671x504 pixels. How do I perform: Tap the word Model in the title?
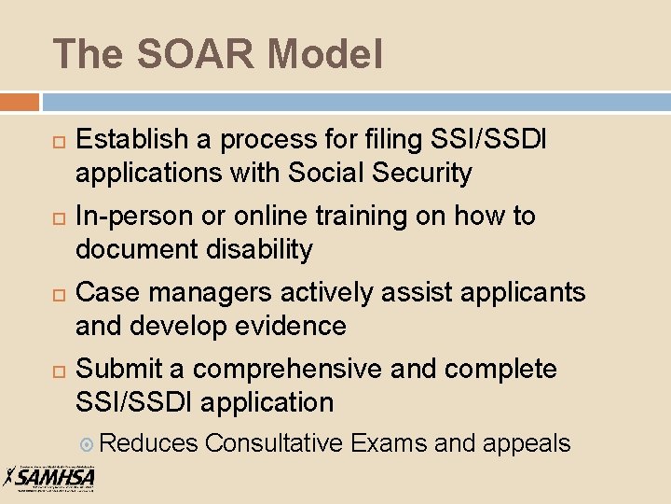point(326,54)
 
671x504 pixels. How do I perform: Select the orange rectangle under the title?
point(20,102)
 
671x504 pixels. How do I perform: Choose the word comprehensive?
point(288,370)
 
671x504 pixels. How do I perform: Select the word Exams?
point(390,443)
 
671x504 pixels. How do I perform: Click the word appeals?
point(527,443)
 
